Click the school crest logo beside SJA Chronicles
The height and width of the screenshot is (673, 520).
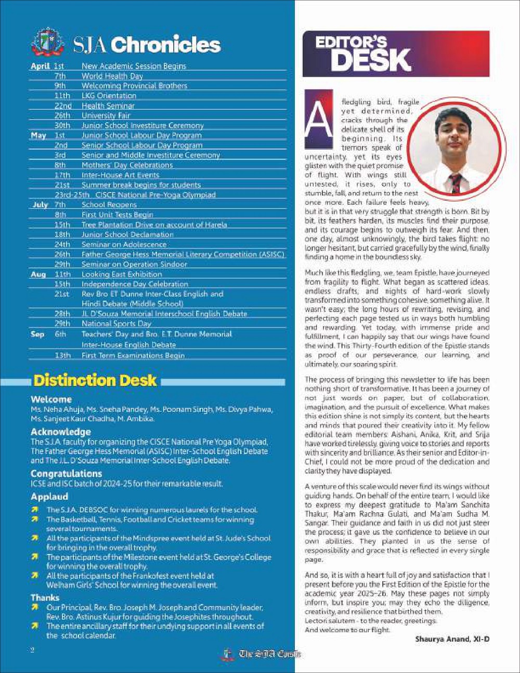point(48,43)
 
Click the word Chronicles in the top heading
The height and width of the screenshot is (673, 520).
point(166,45)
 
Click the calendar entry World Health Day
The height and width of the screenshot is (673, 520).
point(112,76)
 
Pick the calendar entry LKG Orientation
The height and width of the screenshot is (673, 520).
point(109,96)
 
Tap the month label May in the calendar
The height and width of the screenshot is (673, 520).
point(38,135)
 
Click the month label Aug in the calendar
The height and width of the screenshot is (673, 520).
point(38,274)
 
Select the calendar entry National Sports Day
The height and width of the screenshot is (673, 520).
point(116,323)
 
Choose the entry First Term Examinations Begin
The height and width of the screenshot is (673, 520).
point(133,355)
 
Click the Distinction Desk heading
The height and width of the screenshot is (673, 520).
point(95,380)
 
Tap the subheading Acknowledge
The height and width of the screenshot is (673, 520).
point(60,432)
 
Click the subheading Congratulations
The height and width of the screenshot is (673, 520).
point(66,474)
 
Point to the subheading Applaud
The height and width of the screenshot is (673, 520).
point(49,497)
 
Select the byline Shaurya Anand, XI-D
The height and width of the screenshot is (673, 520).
point(452,639)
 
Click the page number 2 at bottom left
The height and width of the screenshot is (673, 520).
point(32,650)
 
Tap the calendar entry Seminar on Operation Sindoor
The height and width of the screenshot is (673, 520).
point(134,264)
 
